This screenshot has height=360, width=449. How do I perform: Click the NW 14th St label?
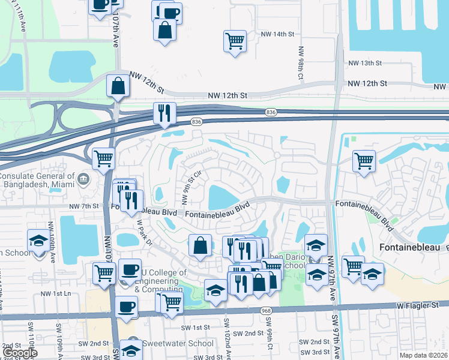coord(276,35)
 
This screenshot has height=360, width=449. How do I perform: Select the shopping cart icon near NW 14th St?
coord(235,41)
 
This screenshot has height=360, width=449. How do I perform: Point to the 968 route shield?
coord(266,310)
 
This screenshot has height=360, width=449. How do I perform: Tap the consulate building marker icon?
coord(83,178)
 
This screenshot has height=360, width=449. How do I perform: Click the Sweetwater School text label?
coord(177,344)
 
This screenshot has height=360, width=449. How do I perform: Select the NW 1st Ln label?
coord(55,293)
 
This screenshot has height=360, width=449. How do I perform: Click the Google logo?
coord(20,353)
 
